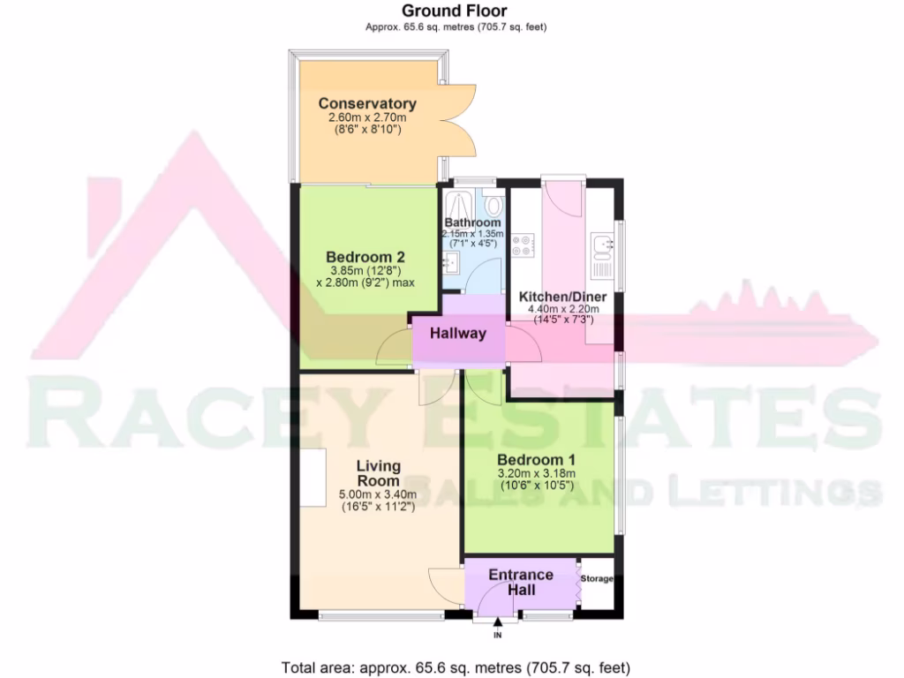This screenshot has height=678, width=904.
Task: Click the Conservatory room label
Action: point(367,103)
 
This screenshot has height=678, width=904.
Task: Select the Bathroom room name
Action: point(473,222)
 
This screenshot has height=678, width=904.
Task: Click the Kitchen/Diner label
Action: point(560,296)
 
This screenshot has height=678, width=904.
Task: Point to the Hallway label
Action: point(458,334)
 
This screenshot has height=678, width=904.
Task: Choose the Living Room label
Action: point(378,472)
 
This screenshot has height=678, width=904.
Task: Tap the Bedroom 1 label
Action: point(536,460)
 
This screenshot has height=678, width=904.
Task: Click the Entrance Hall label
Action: point(521,582)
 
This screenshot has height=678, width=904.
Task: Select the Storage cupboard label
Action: point(598,579)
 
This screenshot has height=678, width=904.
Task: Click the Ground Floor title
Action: point(456,11)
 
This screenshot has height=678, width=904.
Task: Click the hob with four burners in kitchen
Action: point(521,245)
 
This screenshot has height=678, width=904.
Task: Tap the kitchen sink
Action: point(604,243)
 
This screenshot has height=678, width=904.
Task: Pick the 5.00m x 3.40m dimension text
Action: point(379,493)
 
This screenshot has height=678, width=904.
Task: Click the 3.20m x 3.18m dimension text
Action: point(536,473)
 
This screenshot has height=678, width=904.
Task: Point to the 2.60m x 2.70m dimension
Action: point(367,117)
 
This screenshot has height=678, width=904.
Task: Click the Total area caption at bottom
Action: point(456,667)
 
